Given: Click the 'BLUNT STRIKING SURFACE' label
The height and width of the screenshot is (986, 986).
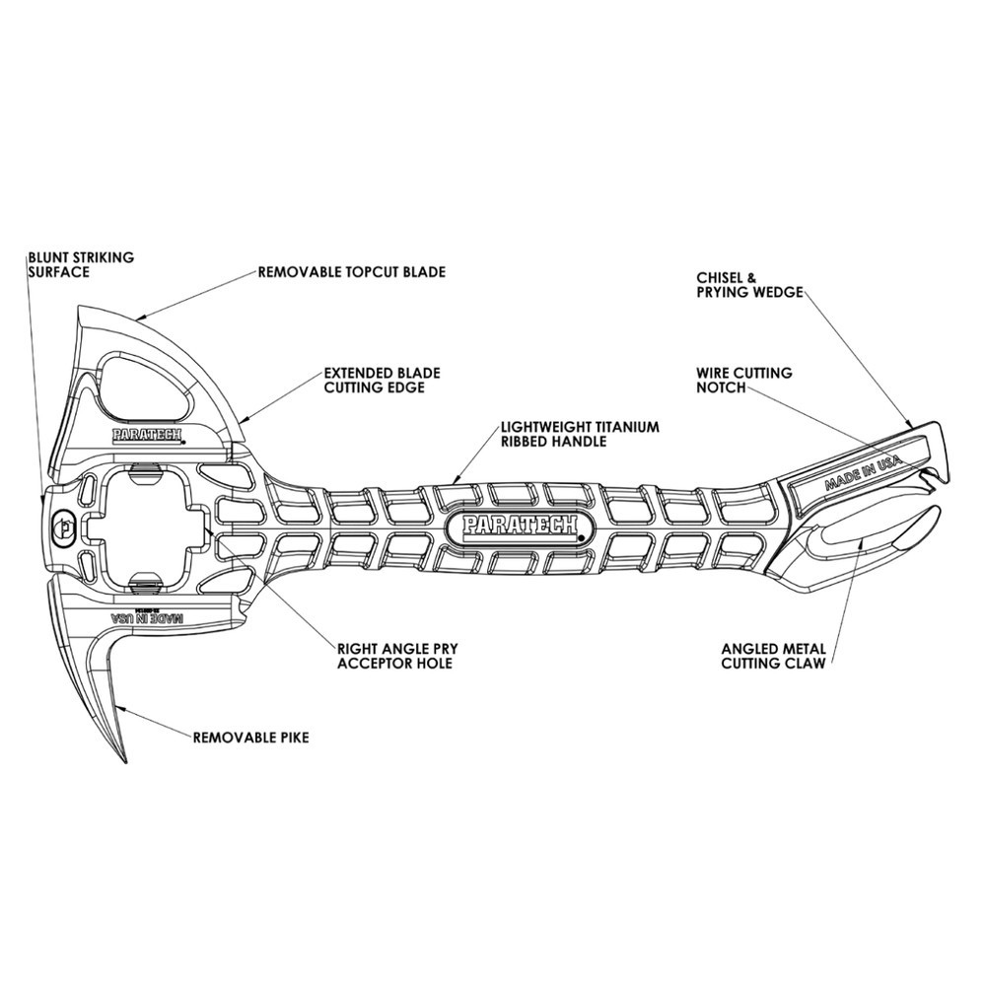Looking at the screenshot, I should (81, 264).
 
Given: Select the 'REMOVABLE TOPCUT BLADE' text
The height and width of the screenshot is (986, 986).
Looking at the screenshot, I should (351, 271).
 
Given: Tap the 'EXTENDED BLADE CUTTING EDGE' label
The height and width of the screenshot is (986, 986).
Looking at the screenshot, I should (382, 381).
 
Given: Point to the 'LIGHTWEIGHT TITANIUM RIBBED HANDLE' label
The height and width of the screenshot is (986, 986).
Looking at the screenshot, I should (580, 434).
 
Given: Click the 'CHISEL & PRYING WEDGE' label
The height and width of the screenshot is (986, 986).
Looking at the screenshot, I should (750, 284).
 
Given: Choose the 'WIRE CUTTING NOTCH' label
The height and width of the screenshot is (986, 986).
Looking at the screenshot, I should (743, 381).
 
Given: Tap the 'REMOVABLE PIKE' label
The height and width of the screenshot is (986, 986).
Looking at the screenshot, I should (250, 737).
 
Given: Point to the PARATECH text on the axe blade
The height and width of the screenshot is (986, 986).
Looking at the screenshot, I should (148, 434).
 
